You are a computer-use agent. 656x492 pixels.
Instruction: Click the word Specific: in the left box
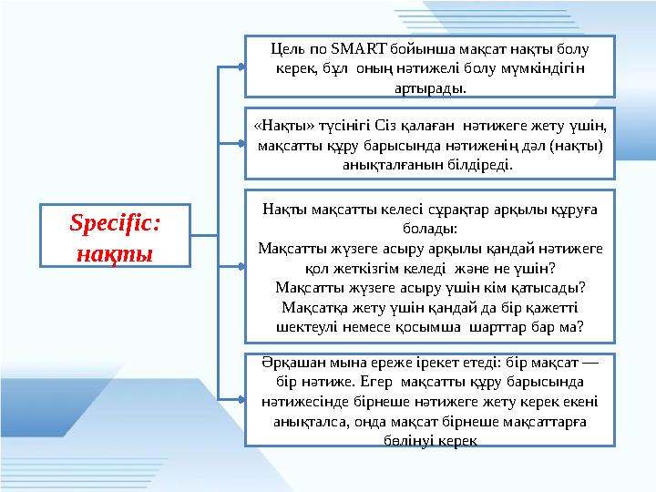(116, 223)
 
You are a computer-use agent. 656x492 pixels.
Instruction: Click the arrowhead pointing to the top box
(241, 67)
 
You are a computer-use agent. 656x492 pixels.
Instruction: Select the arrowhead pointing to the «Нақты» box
(241, 145)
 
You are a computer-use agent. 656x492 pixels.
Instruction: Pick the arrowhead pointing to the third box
(241, 267)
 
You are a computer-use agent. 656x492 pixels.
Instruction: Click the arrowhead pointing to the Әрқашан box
(241, 399)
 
